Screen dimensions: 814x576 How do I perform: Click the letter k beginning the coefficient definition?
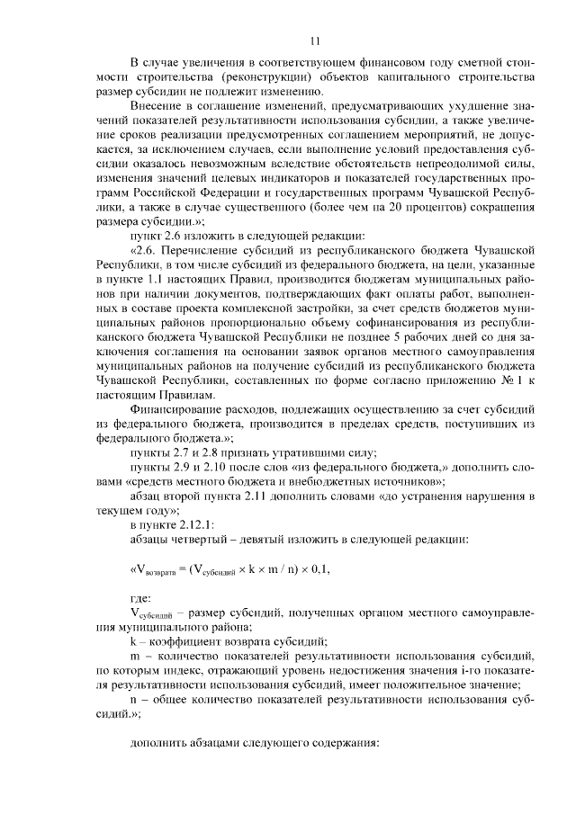(134, 641)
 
